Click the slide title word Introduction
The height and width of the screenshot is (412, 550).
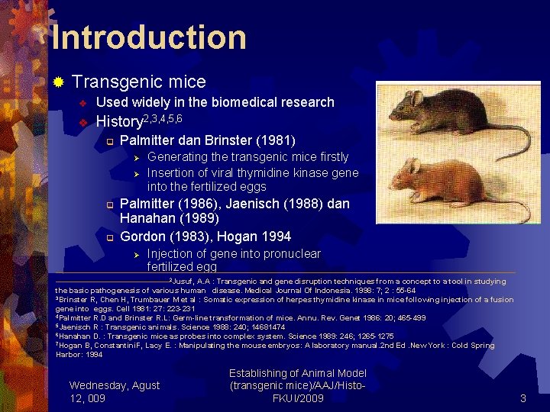[x=149, y=37]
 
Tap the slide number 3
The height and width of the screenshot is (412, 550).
[x=523, y=398]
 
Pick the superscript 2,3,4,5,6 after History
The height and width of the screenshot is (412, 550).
[x=163, y=117]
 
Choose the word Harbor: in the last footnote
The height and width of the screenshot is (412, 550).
[x=68, y=354]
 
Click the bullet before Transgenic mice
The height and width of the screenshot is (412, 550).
[x=59, y=82]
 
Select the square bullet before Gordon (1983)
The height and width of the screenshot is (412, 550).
[x=109, y=237]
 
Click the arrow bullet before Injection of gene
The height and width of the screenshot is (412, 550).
[x=135, y=254]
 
